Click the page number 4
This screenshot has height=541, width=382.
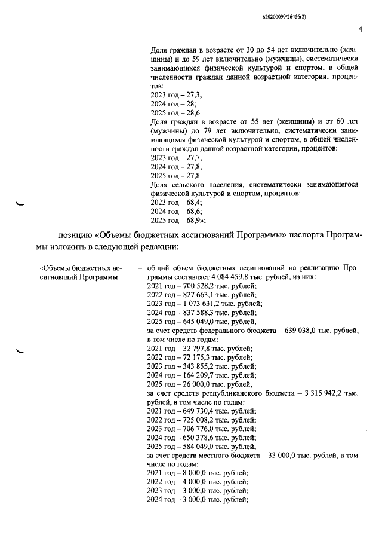[x=360, y=29]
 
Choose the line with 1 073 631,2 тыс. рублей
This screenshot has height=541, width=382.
[x=204, y=304]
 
